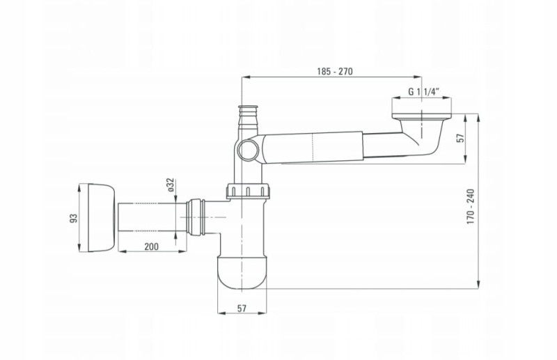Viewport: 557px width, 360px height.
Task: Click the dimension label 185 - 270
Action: click(x=335, y=72)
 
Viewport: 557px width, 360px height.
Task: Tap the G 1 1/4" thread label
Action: click(x=423, y=91)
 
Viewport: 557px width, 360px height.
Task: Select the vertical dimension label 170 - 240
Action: click(x=471, y=207)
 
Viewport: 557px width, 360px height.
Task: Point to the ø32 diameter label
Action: click(x=171, y=185)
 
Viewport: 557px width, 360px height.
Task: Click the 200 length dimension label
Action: click(x=151, y=246)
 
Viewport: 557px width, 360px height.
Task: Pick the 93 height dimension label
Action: click(x=74, y=218)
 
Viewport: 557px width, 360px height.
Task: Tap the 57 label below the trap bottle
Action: click(x=242, y=308)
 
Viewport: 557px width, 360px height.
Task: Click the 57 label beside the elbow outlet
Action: click(x=460, y=138)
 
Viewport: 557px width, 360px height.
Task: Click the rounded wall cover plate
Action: click(x=101, y=218)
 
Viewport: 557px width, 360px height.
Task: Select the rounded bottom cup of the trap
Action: click(x=242, y=272)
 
